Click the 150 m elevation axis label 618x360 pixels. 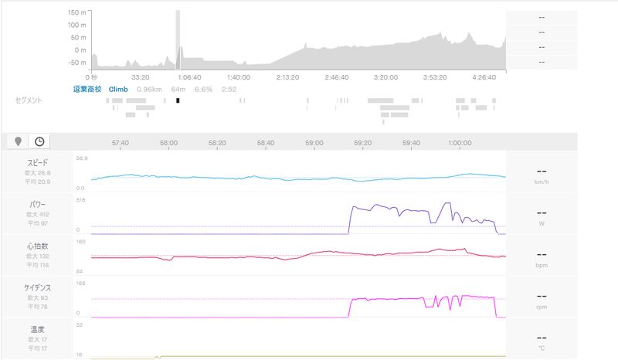76,13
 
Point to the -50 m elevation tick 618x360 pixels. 76,63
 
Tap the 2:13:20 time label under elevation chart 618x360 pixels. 287,77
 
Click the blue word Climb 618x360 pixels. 118,89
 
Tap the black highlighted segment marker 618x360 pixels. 178,100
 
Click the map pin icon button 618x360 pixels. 19,141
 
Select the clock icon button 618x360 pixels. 39,141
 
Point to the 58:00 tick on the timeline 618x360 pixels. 169,143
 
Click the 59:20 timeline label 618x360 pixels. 362,143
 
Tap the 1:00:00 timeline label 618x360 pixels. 460,143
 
